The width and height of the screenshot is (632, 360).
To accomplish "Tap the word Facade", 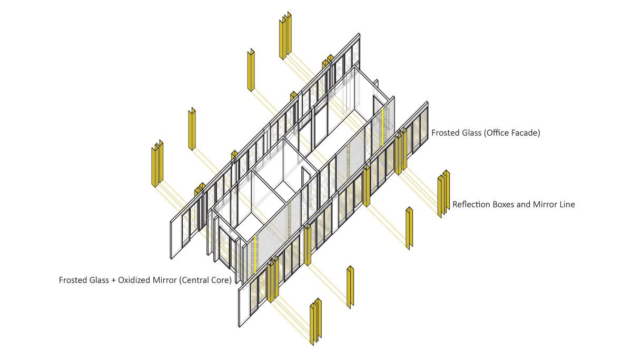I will click(x=525, y=133).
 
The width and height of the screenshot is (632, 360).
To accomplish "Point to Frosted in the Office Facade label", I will click(x=446, y=133).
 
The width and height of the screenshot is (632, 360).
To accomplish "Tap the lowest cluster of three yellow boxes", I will click(x=315, y=322).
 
